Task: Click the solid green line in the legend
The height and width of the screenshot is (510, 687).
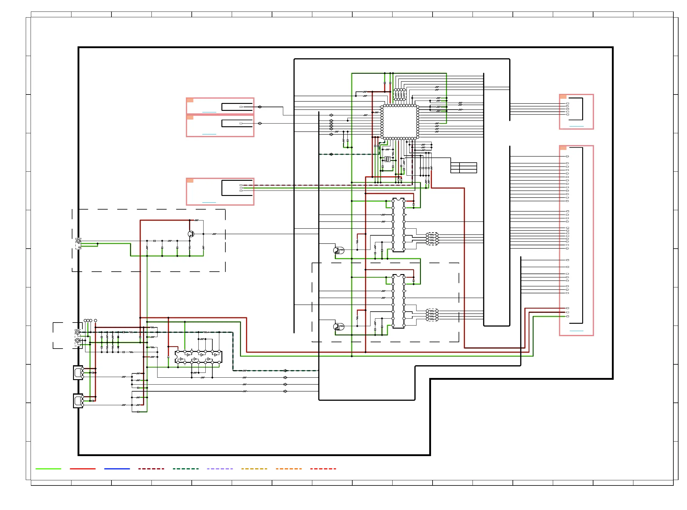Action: tap(48, 469)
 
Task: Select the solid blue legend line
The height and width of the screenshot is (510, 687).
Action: tap(117, 469)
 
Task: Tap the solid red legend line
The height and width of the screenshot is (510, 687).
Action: tap(82, 469)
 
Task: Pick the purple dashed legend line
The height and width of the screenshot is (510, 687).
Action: tap(220, 469)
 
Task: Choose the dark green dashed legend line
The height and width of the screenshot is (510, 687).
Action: tap(186, 469)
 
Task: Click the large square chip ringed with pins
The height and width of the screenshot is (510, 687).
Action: tap(400, 122)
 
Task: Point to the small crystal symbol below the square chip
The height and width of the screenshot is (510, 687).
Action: tap(387, 159)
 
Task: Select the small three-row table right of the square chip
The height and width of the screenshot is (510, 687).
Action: tap(463, 168)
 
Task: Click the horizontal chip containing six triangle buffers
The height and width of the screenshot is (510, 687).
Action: tap(198, 357)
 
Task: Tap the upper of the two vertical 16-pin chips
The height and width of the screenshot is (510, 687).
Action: tap(398, 225)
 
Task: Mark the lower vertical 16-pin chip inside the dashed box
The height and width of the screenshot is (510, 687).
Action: tap(398, 301)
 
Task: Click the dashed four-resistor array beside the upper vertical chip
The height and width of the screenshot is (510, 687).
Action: tap(432, 239)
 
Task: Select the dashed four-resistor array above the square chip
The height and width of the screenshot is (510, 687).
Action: tap(400, 94)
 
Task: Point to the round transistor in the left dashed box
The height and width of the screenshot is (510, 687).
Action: tap(191, 234)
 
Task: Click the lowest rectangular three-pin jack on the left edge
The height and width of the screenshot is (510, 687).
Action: tap(78, 401)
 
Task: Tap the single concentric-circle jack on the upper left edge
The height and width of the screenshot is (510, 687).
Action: tap(78, 241)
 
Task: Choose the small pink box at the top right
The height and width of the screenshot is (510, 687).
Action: tap(576, 112)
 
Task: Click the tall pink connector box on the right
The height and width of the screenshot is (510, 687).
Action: tap(576, 240)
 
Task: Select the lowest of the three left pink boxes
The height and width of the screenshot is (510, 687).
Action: tap(220, 192)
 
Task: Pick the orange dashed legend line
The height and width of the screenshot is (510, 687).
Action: tap(289, 469)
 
